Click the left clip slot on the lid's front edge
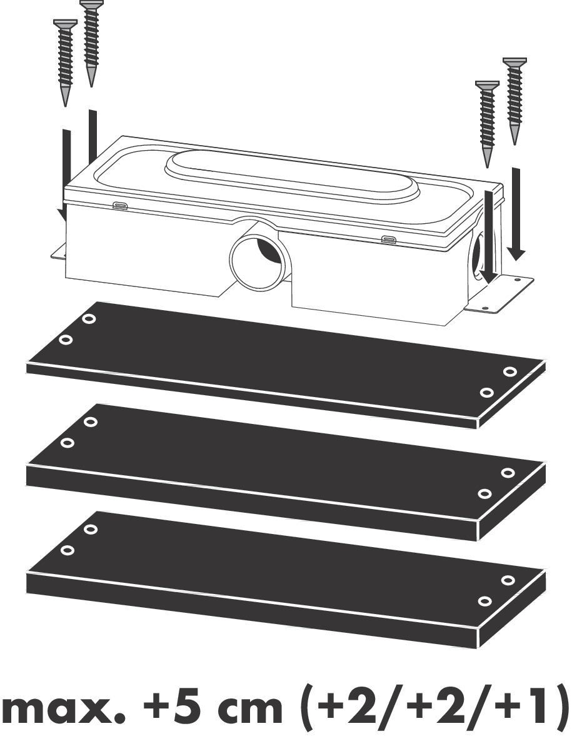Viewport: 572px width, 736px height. pos(121,205)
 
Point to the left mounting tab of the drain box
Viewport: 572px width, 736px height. pos(58,251)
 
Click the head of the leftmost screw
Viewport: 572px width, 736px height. pos(65,24)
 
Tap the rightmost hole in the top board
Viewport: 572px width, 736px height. pos(509,372)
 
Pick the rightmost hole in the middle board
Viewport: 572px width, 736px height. pos(507,473)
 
